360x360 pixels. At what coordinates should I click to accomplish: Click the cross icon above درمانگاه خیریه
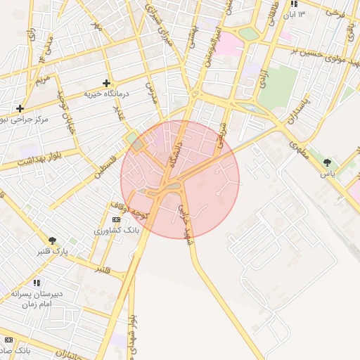pos(106,83)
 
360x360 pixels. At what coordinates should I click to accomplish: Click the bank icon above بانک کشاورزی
pos(116,220)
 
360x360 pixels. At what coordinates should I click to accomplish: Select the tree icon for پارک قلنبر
pos(52,240)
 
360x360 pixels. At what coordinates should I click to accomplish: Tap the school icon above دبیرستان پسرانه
pos(37,283)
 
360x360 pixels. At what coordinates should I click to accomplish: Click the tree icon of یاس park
pos(327,162)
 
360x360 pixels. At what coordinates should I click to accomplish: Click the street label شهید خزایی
pos(185,221)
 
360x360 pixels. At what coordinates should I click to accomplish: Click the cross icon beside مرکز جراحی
pos(20,109)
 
